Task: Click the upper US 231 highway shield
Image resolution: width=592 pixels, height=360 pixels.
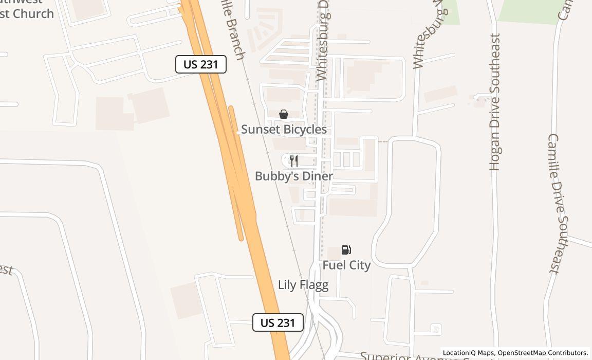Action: tap(201, 64)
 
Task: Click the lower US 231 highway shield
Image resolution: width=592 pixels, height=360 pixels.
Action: tap(278, 322)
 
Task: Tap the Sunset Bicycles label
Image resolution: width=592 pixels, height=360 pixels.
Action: tap(284, 130)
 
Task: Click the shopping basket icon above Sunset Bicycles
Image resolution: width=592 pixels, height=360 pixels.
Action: tap(284, 114)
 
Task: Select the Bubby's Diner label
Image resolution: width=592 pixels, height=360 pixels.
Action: tap(294, 176)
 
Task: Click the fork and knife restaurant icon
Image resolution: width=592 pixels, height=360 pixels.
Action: tap(293, 161)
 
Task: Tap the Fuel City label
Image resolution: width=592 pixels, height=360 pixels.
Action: tap(346, 265)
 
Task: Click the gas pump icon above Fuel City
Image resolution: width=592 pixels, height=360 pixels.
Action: tap(346, 250)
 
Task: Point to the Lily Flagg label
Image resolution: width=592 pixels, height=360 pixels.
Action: tap(303, 285)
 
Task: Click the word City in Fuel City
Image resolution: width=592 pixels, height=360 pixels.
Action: tap(360, 265)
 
